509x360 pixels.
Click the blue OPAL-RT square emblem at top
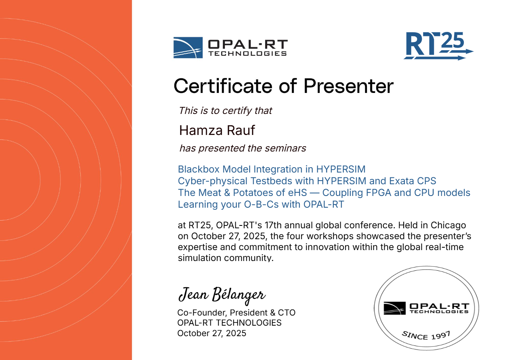click(188, 48)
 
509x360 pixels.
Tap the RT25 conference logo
click(438, 46)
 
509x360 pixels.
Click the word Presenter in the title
click(348, 86)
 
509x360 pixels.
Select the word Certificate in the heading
click(223, 86)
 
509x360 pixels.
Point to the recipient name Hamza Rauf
click(217, 131)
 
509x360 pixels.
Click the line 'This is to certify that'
click(225, 111)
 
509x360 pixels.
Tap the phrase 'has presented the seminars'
click(243, 148)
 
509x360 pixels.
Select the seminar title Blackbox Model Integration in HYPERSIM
click(272, 169)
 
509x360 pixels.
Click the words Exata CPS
click(413, 181)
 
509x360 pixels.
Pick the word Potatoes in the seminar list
click(253, 193)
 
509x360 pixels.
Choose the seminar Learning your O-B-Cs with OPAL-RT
click(261, 204)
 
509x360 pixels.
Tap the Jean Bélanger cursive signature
click(222, 295)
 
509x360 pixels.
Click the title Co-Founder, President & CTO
click(236, 313)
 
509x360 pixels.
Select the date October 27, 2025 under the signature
click(212, 333)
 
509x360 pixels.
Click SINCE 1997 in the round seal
click(426, 335)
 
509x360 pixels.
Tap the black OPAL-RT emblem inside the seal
click(394, 308)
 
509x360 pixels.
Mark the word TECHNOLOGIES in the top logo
click(248, 54)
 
